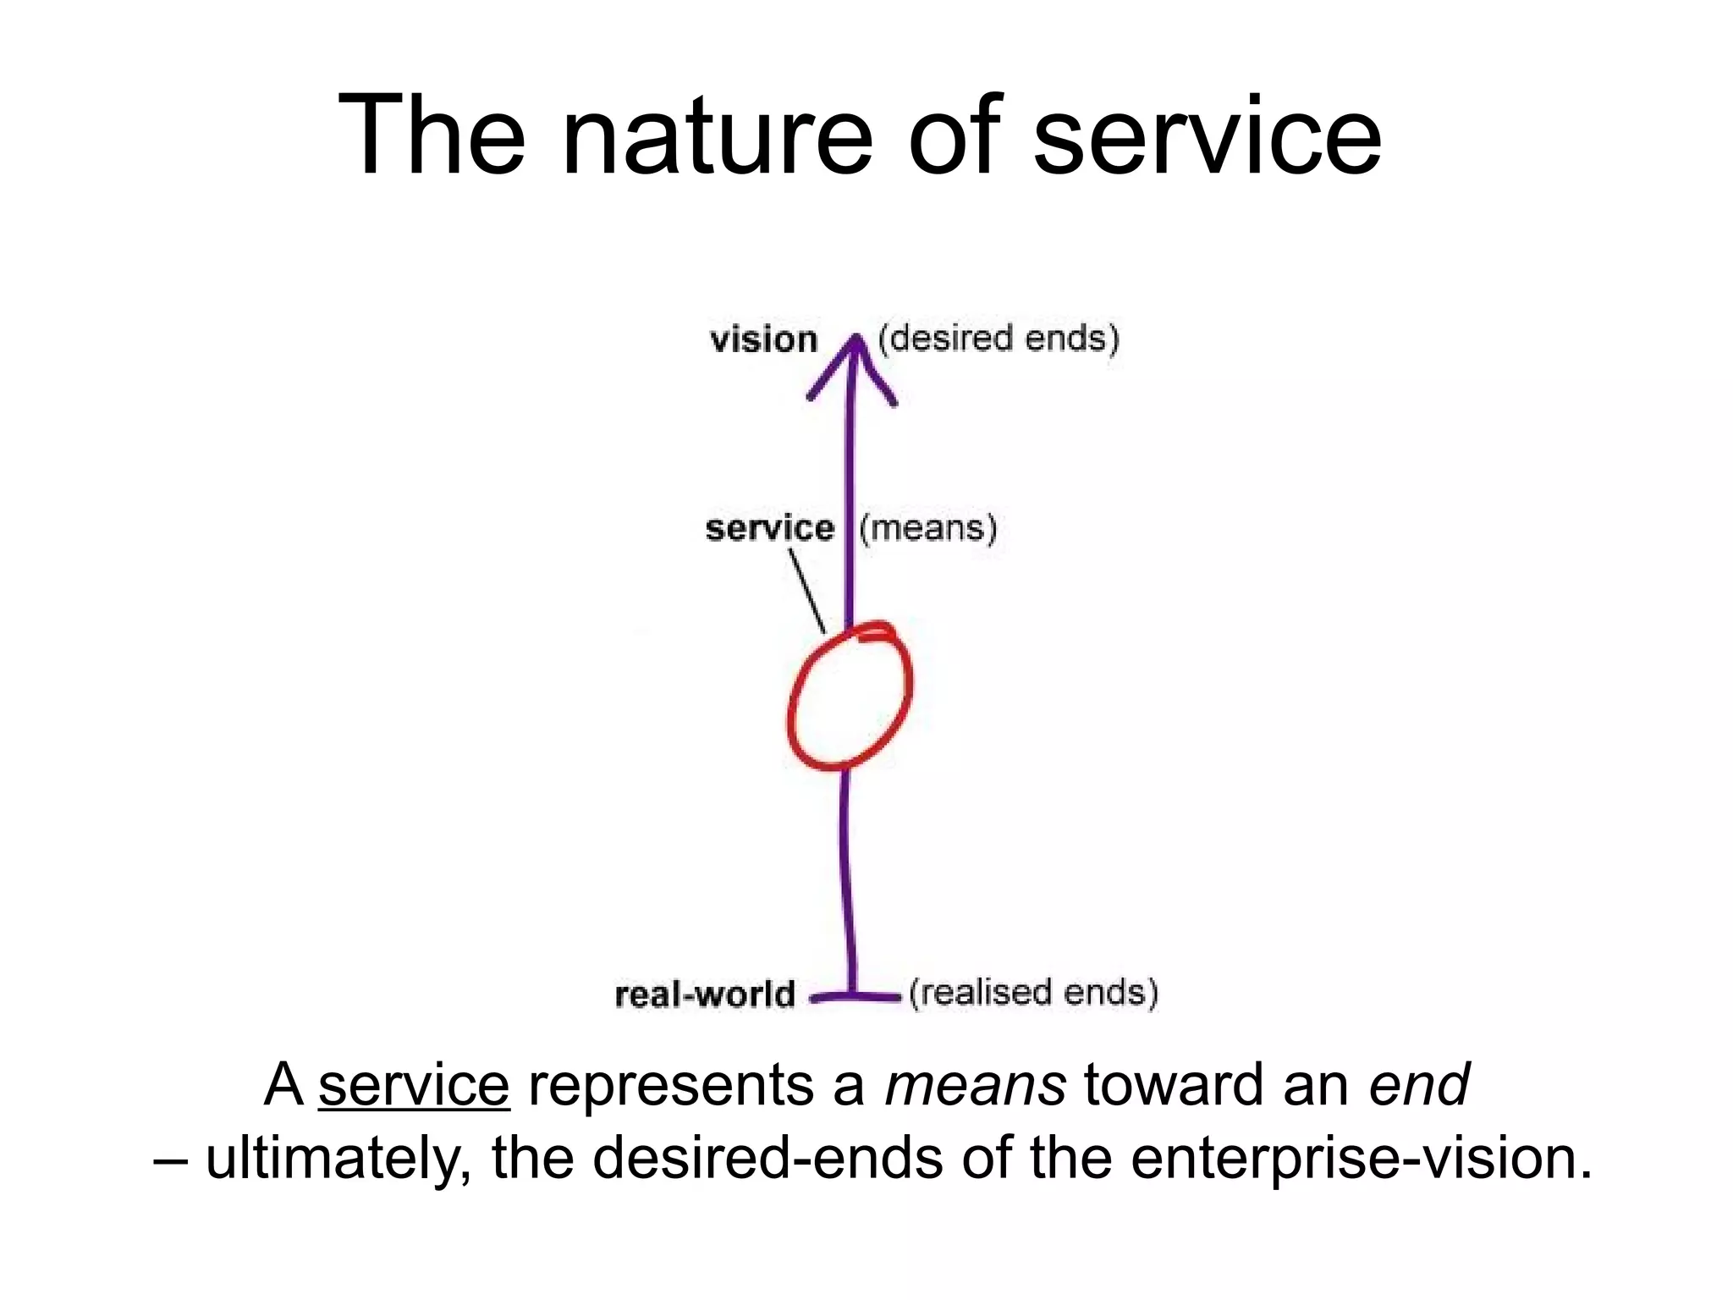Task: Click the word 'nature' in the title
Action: pos(716,137)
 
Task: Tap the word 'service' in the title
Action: pos(1208,137)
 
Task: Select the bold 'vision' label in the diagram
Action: pos(763,340)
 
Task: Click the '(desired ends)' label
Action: pos(999,339)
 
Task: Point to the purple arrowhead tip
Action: pos(855,339)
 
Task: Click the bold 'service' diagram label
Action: pos(769,528)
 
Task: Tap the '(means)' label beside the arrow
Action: pos(928,528)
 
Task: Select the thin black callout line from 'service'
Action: pos(806,591)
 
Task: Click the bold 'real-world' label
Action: pos(705,994)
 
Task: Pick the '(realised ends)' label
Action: pos(1033,993)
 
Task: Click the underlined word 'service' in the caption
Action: pos(414,1085)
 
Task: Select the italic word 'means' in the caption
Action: pos(975,1085)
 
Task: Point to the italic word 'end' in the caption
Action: pos(1419,1085)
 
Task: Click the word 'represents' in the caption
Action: pos(696,1087)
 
